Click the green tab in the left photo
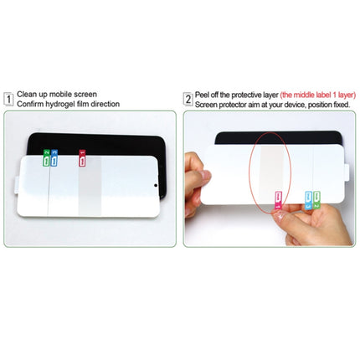[x=46, y=156]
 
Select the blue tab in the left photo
[x=54, y=156]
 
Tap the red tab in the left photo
[x=81, y=156]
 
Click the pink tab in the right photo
[x=276, y=199]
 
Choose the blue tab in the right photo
[x=309, y=200]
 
